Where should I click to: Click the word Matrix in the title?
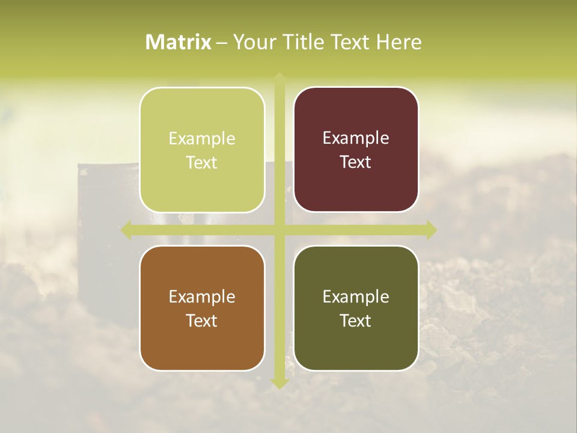pyautogui.click(x=179, y=42)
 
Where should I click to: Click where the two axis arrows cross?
pyautogui.click(x=279, y=230)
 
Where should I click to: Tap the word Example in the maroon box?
pyautogui.click(x=356, y=138)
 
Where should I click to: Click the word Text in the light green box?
pyautogui.click(x=202, y=163)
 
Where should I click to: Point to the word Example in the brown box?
pyautogui.click(x=202, y=297)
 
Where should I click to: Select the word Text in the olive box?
pyautogui.click(x=356, y=321)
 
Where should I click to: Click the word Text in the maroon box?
pyautogui.click(x=356, y=162)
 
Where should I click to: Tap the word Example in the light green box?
pyautogui.click(x=202, y=139)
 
